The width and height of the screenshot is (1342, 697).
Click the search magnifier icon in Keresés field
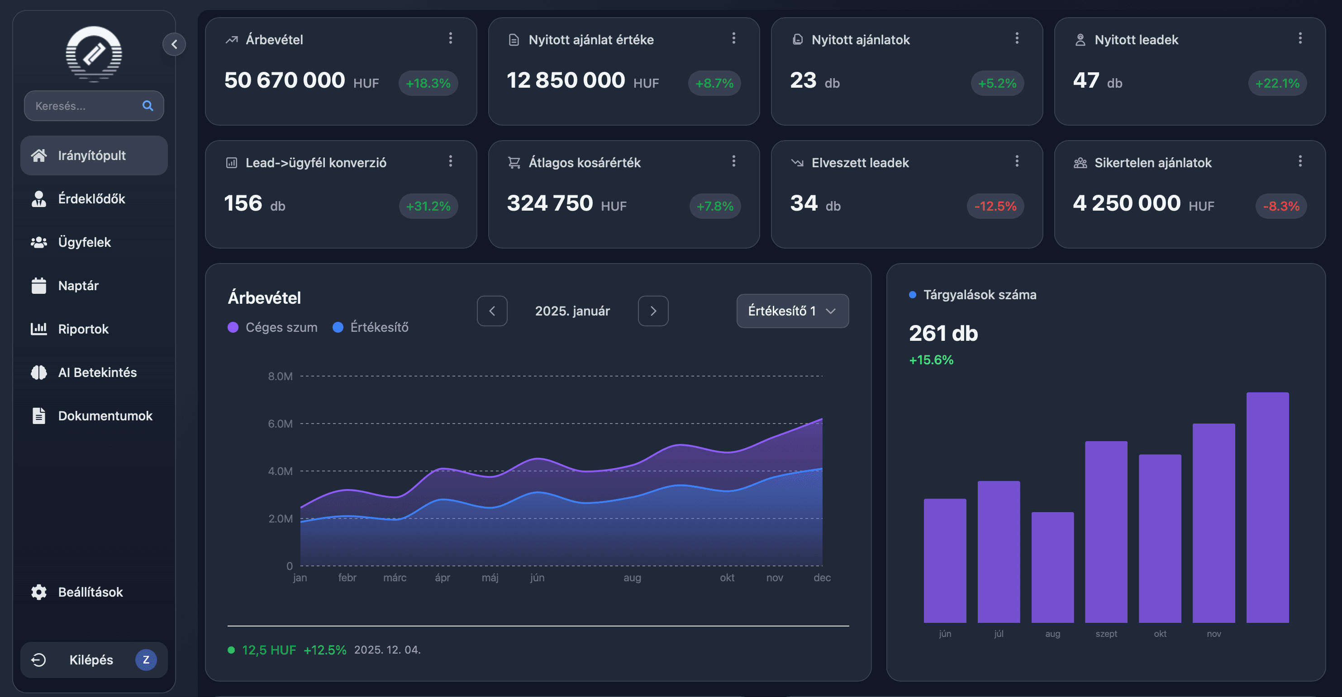point(148,106)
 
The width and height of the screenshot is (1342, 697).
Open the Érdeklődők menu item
point(91,199)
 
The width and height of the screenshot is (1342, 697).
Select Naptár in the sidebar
point(78,286)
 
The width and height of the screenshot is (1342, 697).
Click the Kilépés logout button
point(91,659)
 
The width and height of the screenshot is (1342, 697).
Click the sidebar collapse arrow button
point(175,44)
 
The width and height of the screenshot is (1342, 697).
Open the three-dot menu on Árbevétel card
point(451,38)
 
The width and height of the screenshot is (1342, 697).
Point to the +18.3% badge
point(428,83)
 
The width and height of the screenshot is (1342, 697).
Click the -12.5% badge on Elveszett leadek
point(995,206)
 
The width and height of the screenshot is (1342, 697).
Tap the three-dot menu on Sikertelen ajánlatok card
point(1300,161)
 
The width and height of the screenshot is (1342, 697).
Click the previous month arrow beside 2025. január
point(492,311)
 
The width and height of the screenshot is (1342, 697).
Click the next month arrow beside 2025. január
point(653,311)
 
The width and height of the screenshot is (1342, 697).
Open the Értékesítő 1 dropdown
point(792,311)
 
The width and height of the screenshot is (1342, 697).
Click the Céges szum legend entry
point(272,327)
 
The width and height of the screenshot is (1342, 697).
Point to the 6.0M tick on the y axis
point(280,424)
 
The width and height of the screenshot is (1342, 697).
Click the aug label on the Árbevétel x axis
point(632,577)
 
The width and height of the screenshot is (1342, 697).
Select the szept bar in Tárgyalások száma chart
point(1106,531)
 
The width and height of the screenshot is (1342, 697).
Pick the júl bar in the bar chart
point(999,552)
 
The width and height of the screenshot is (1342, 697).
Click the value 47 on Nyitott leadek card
point(1086,80)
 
